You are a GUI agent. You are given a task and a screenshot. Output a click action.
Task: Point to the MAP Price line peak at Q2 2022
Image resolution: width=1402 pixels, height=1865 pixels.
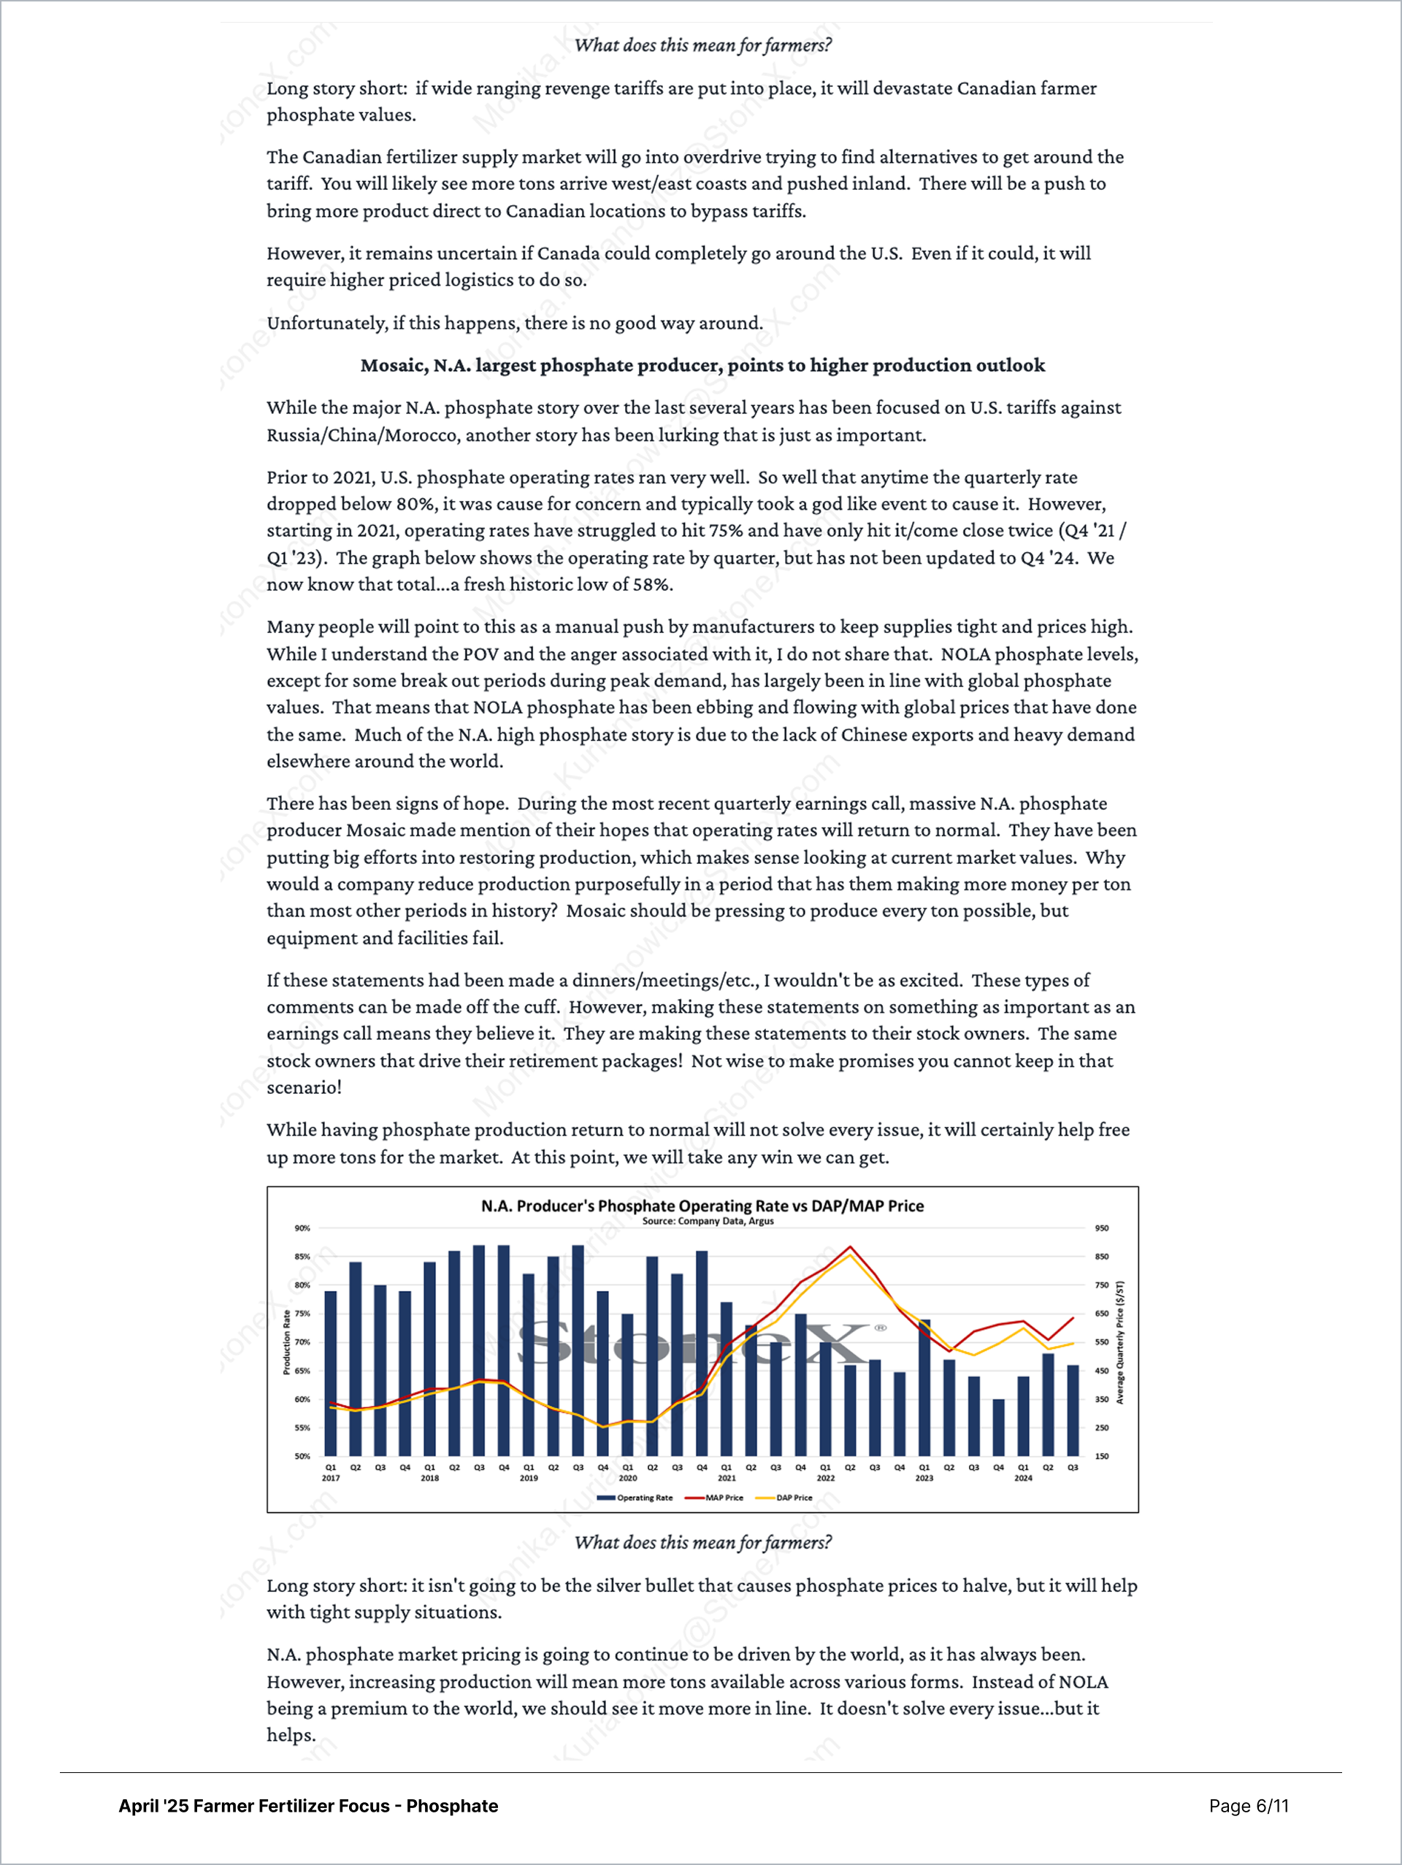850,1247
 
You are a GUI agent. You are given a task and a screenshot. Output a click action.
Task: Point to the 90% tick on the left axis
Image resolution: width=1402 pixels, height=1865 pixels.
302,1228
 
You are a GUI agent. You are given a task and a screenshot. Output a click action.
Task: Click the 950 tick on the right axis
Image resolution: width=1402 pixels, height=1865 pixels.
1102,1228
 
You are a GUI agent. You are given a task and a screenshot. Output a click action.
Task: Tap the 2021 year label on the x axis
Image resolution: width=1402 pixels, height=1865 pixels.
727,1478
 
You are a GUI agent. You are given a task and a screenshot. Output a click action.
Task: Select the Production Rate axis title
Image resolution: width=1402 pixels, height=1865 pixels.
287,1342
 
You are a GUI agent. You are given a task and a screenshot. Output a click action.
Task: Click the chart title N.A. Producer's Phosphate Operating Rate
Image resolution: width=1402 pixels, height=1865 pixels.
702,1206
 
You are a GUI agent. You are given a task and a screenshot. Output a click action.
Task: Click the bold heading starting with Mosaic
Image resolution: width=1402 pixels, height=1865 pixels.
702,365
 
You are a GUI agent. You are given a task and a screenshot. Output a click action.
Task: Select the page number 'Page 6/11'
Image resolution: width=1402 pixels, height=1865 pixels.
1249,1805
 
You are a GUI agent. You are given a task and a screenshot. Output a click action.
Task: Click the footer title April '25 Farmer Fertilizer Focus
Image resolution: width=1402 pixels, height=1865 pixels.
307,1805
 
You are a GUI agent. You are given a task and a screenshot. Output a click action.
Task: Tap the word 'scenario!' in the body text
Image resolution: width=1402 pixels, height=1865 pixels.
304,1087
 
